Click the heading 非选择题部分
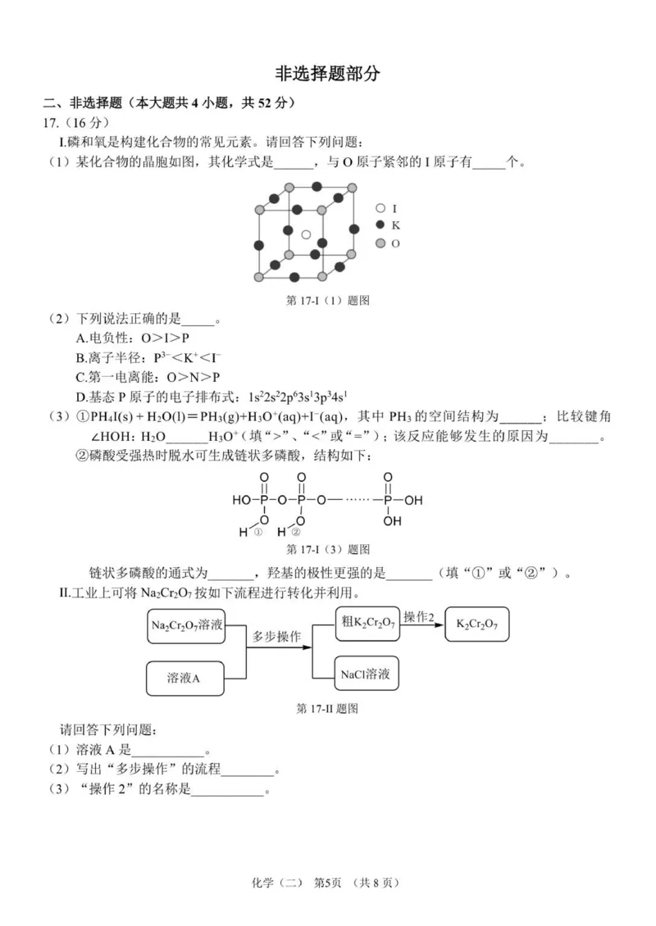(327, 74)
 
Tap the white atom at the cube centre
(306, 235)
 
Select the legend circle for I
(380, 208)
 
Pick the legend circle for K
(380, 225)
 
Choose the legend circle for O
(380, 243)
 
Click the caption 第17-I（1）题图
(327, 300)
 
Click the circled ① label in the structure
(257, 532)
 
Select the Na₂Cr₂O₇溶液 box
(187, 626)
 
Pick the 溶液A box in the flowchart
(184, 677)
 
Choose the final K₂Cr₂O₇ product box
(483, 626)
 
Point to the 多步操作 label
(276, 636)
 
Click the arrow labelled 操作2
(423, 624)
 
